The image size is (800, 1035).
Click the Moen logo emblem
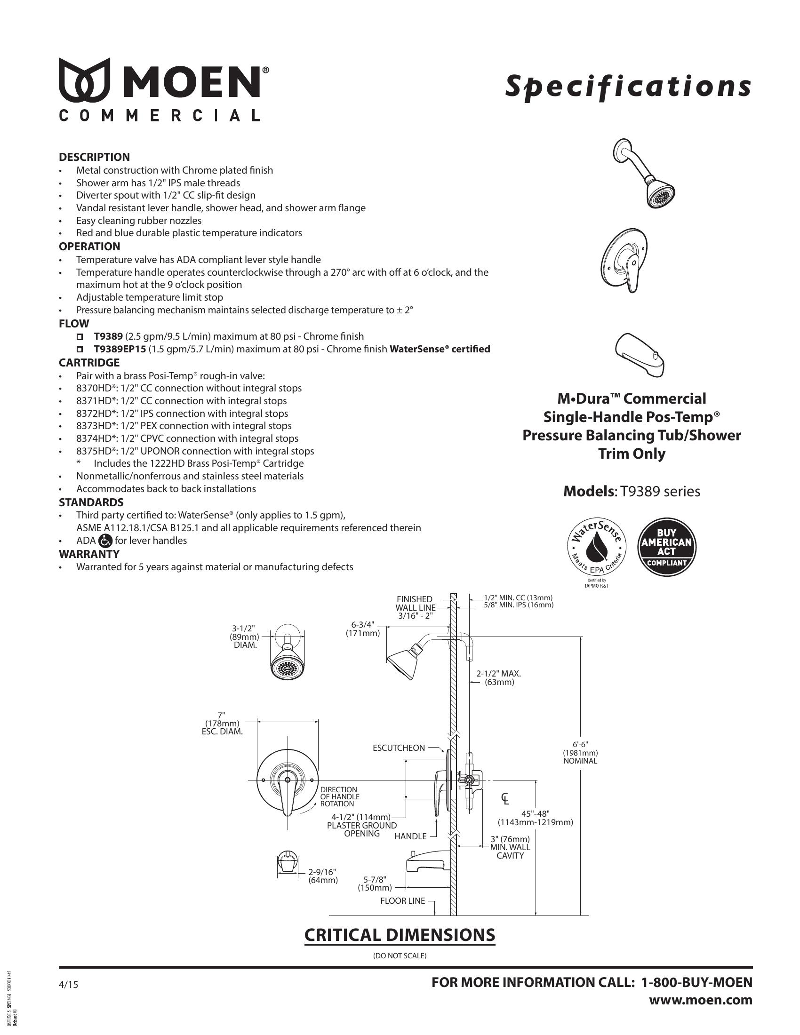pyautogui.click(x=84, y=80)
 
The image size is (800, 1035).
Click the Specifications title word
pyautogui.click(x=627, y=86)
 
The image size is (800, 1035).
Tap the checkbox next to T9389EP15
pyautogui.click(x=80, y=349)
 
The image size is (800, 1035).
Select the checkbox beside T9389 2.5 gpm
pyautogui.click(x=80, y=336)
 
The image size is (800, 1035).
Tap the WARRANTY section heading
pyautogui.click(x=88, y=554)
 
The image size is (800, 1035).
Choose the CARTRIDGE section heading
pyautogui.click(x=89, y=363)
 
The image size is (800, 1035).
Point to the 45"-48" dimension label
pyautogui.click(x=535, y=819)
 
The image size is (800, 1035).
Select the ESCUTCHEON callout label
pyautogui.click(x=399, y=748)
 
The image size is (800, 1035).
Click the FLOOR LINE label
pyautogui.click(x=402, y=901)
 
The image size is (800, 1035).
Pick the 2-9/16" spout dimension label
pyautogui.click(x=322, y=876)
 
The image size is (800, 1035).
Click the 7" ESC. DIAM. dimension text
pyautogui.click(x=222, y=724)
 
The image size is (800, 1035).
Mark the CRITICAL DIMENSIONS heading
pyautogui.click(x=399, y=935)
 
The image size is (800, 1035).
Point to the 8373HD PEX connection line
pyautogui.click(x=184, y=426)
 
